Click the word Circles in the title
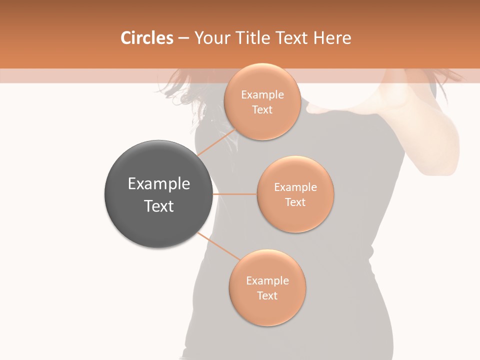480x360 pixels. tap(147, 38)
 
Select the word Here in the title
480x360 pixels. tap(333, 38)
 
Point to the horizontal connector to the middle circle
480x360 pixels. tap(234, 194)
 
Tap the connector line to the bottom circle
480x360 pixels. tap(218, 247)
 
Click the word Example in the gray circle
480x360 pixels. tap(158, 184)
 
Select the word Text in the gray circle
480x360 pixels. tap(158, 206)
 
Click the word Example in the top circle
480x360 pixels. tap(262, 95)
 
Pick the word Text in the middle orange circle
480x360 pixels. tap(295, 202)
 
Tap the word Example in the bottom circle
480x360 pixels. tap(267, 281)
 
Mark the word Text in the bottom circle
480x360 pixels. tap(267, 295)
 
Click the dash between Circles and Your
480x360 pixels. tap(183, 38)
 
